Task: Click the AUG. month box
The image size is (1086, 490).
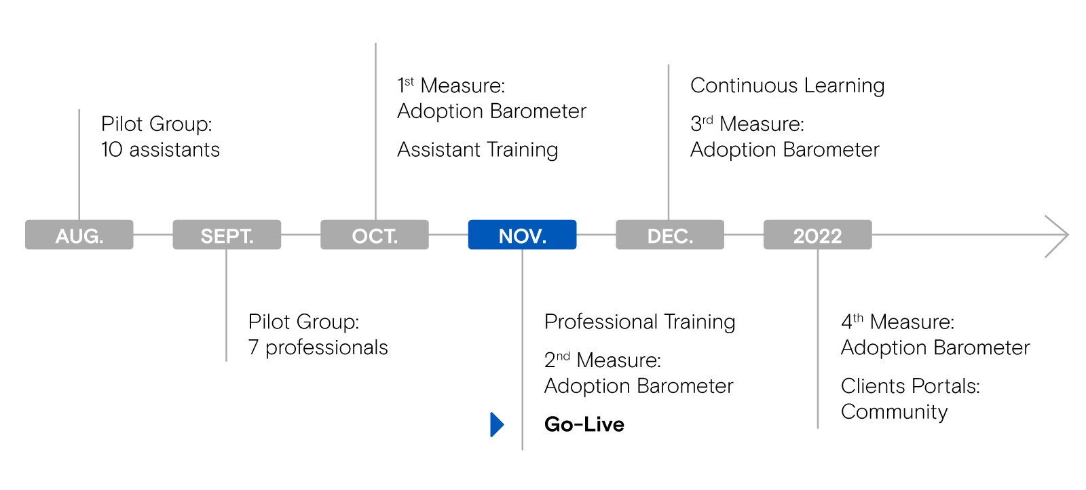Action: (79, 235)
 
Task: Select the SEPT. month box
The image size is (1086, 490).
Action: (227, 235)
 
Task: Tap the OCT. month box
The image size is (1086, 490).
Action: (375, 235)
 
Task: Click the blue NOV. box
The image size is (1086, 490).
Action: (522, 235)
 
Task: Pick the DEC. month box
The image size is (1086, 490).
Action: (670, 235)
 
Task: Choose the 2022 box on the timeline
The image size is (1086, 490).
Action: (818, 235)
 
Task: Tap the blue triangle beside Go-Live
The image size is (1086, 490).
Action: (497, 425)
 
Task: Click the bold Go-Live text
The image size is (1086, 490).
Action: (584, 425)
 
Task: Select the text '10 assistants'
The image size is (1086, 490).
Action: (160, 150)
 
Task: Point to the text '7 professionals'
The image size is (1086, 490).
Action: (318, 348)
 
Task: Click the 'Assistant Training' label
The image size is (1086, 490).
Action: (478, 150)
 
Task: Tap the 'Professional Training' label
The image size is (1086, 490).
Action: (639, 322)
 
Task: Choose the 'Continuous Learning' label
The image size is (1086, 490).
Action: (787, 86)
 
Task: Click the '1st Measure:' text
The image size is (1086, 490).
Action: (451, 86)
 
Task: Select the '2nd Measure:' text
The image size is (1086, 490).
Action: (603, 360)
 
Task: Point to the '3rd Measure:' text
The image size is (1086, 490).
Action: (747, 124)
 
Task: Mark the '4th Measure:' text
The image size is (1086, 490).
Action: (897, 322)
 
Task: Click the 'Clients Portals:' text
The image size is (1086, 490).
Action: (910, 386)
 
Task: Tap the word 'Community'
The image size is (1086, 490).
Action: (895, 413)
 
